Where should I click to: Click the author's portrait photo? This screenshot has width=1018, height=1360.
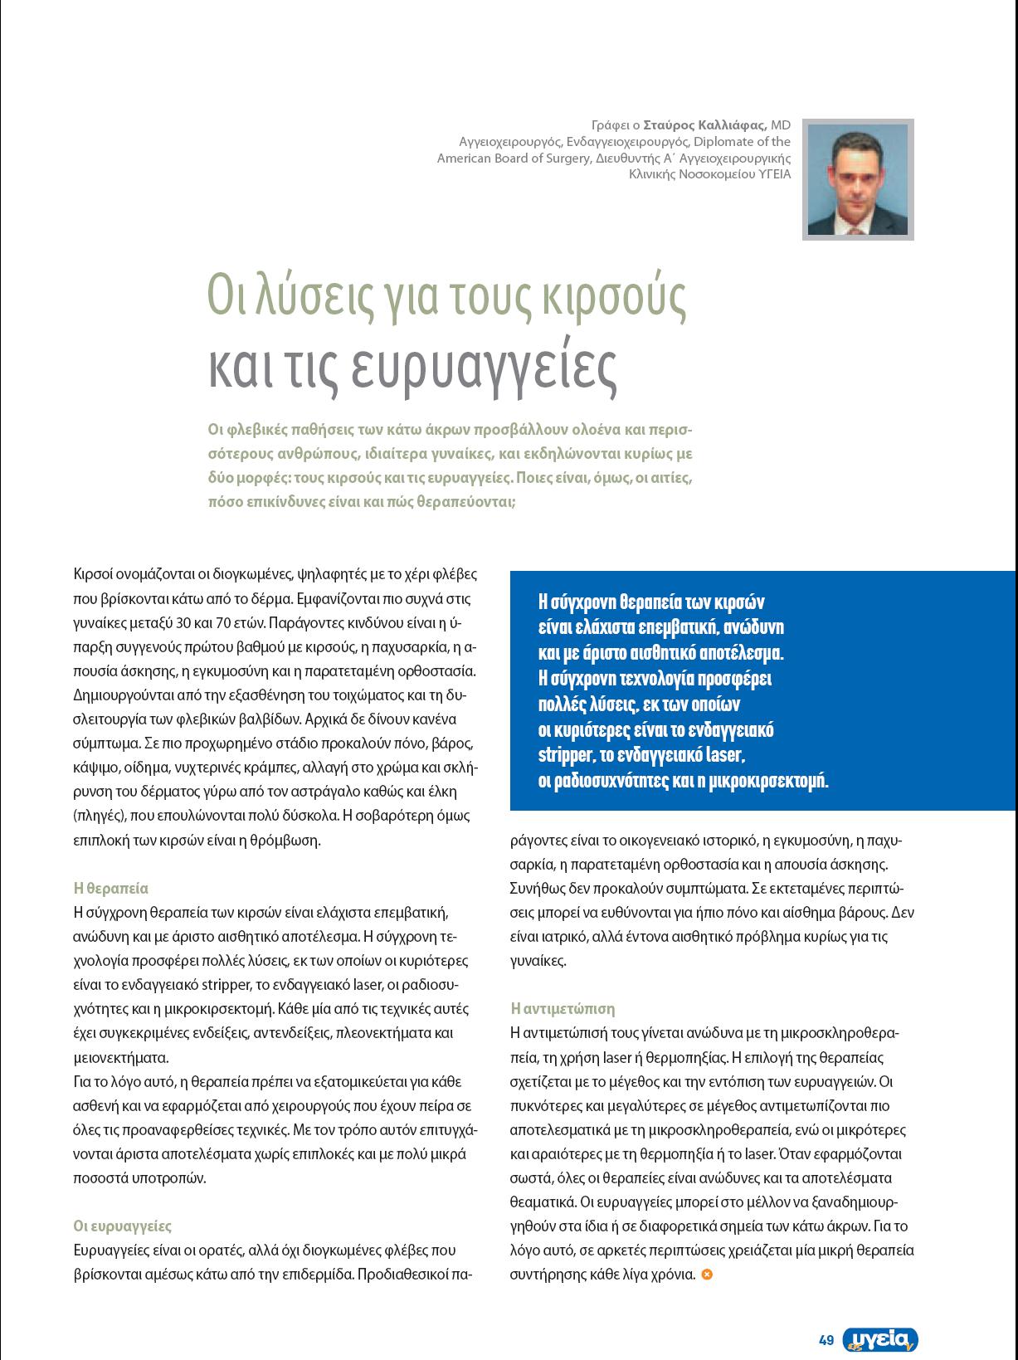click(x=858, y=179)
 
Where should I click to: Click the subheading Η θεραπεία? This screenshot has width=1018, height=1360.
click(x=111, y=888)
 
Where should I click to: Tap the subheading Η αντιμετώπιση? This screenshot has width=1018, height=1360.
click(x=563, y=1008)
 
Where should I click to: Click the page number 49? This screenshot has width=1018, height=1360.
click(x=826, y=1340)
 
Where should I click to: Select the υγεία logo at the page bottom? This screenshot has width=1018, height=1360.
click(x=880, y=1339)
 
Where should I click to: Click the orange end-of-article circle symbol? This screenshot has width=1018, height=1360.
click(x=707, y=1274)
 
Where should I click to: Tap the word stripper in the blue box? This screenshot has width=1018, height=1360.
click(x=564, y=756)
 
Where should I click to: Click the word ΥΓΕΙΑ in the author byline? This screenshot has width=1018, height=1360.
click(x=774, y=174)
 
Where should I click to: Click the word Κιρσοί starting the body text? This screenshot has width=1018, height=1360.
click(x=92, y=573)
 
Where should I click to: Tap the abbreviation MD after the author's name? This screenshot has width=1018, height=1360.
click(x=781, y=125)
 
